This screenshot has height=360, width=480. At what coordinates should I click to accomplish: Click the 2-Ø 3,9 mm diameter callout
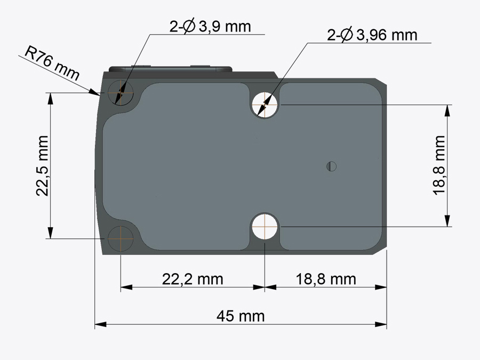210,27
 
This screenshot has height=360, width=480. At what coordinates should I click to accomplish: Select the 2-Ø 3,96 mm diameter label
372,35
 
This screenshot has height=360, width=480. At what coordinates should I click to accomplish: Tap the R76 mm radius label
52,63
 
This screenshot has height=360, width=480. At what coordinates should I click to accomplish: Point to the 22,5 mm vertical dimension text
42,166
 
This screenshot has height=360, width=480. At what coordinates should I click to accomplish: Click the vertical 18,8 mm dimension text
439,165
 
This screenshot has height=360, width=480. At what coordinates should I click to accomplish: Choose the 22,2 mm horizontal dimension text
193,279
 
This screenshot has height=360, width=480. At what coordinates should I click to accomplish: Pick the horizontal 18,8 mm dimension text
326,279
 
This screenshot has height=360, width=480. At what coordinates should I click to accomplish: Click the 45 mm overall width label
241,316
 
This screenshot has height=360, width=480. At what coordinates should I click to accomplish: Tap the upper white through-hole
265,105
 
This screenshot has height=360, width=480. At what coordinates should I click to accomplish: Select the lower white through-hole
265,227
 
